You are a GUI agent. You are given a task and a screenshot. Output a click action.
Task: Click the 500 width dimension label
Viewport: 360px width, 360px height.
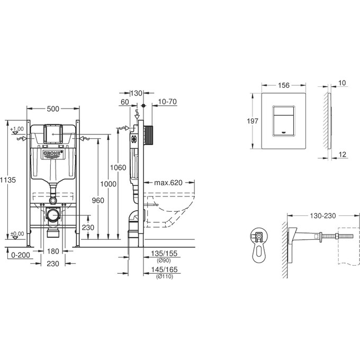tap(53, 109)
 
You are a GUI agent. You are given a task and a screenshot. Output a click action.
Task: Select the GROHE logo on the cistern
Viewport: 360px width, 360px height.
tap(53, 154)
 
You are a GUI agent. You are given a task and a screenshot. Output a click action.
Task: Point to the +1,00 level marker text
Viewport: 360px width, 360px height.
tap(16, 129)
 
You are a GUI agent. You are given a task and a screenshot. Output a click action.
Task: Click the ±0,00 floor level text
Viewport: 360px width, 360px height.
tap(17, 233)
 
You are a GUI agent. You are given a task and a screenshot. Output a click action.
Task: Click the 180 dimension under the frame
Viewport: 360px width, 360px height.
tap(53, 251)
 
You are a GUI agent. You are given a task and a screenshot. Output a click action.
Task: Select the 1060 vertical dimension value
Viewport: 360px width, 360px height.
tap(119, 168)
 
